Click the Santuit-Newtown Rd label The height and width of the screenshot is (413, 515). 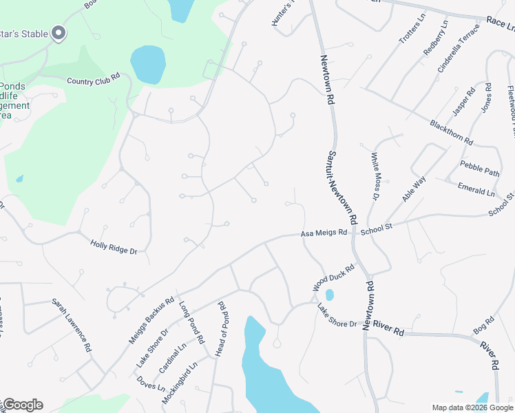[341, 188]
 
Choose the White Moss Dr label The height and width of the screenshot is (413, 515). [375, 177]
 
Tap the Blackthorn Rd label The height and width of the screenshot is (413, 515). [451, 132]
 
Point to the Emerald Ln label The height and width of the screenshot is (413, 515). [476, 189]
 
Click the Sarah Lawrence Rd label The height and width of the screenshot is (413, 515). [72, 326]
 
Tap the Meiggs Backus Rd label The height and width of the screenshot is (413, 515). [151, 321]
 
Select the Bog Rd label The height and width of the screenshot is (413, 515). [484, 324]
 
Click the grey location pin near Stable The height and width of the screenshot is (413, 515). [59, 32]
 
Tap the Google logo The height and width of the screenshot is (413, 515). [23, 405]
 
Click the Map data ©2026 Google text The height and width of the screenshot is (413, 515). [472, 407]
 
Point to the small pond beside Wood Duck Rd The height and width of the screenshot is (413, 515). [329, 295]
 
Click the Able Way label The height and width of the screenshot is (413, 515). [415, 189]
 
